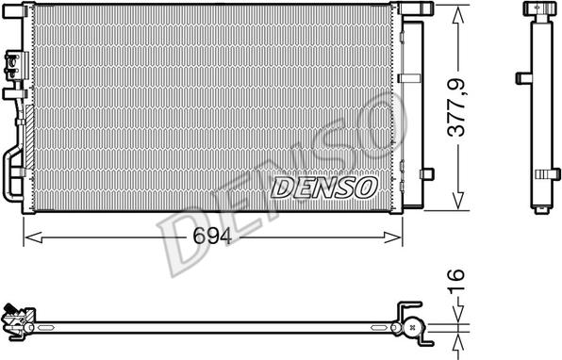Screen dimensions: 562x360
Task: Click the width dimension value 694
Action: pos(212,236)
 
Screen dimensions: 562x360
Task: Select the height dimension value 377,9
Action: pos(456,107)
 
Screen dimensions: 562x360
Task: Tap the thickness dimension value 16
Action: pos(456,280)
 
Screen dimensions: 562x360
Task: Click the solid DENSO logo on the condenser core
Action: pos(323,188)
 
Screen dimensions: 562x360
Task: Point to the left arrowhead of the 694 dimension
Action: pos(33,237)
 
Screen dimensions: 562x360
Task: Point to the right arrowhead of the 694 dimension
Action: pos(393,237)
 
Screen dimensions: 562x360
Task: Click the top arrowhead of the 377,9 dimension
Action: pos(459,16)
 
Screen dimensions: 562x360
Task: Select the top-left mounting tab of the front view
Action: pos(13,11)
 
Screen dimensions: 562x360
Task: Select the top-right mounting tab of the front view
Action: pos(418,8)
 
